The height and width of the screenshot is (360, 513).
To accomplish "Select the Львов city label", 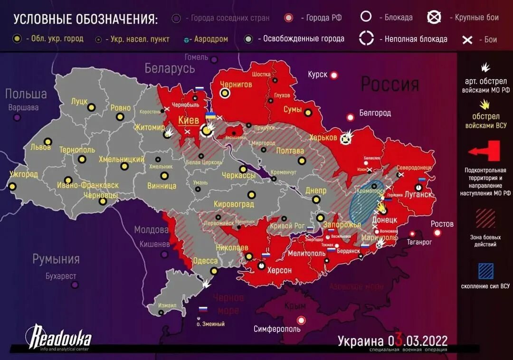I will point(40,147).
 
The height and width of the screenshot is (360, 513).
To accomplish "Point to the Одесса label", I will point(205,261).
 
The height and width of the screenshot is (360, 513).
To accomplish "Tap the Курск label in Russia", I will point(317,75).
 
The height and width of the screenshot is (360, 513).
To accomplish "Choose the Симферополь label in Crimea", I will point(277,329).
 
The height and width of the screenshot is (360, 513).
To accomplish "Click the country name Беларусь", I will point(170,68).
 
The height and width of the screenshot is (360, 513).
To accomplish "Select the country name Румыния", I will point(56,259).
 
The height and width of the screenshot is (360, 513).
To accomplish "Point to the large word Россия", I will point(390,84).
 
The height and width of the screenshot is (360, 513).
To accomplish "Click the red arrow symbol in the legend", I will point(485,151).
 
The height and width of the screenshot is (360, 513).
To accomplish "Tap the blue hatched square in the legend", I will point(485,271).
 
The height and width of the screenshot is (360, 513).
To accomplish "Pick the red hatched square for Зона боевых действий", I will point(485,218).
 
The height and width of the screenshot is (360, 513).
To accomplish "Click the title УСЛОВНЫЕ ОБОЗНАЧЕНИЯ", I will point(85,19).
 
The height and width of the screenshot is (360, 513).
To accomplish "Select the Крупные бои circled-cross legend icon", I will point(434,18).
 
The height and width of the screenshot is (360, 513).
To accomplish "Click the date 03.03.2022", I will point(418,341).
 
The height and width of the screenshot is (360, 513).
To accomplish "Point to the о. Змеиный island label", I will point(210,324).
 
